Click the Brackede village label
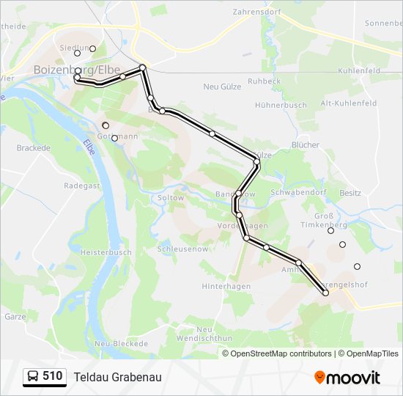click(33, 147)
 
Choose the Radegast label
click(77, 186)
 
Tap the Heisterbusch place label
click(106, 252)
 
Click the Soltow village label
click(171, 198)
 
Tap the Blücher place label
click(306, 145)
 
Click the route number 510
click(52, 376)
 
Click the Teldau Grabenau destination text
click(117, 377)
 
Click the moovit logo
click(347, 377)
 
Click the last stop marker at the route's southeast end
click(326, 293)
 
